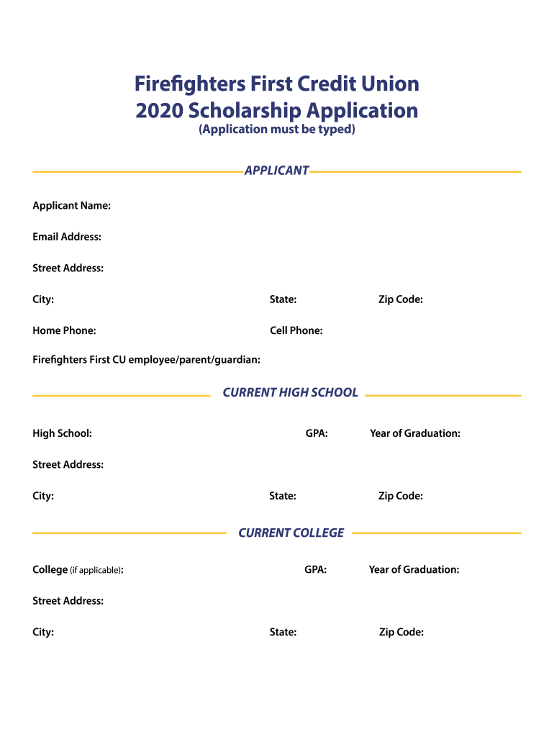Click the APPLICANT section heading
click(276, 171)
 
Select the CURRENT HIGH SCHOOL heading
click(290, 392)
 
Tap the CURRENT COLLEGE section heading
click(291, 533)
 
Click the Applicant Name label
click(71, 206)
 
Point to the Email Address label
click(66, 237)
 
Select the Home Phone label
click(64, 330)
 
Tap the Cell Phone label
click(296, 330)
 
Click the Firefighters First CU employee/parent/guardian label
click(146, 358)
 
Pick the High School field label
click(62, 433)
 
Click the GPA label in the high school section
click(317, 433)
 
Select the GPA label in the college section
click(315, 569)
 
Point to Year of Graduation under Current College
click(414, 569)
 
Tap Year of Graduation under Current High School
click(415, 433)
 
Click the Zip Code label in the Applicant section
click(400, 299)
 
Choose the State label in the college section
click(283, 632)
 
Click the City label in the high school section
click(43, 496)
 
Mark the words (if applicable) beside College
click(96, 570)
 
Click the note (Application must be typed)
click(277, 130)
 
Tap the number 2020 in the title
click(158, 111)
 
